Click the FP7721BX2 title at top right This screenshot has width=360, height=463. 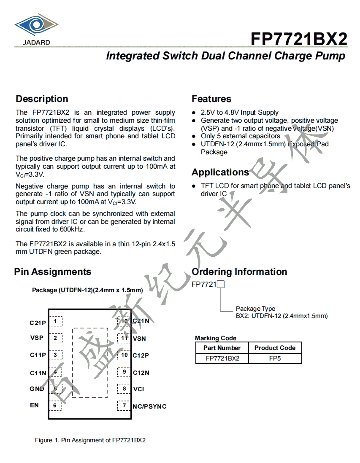[x=299, y=39]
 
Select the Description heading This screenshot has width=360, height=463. [x=42, y=99]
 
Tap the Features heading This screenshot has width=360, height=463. [x=211, y=99]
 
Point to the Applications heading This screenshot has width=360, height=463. [x=220, y=172]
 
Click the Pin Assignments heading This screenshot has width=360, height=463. [x=53, y=272]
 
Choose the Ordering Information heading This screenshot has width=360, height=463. [x=239, y=272]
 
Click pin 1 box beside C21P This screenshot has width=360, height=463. [x=55, y=322]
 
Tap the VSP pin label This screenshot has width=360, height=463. [x=37, y=338]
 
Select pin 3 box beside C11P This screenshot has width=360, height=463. [x=55, y=355]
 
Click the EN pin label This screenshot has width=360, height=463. [x=34, y=406]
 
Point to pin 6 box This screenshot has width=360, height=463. [x=55, y=406]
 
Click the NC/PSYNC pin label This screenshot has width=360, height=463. [x=149, y=406]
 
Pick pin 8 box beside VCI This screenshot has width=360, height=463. [x=124, y=389]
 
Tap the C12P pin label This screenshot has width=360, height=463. [x=141, y=355]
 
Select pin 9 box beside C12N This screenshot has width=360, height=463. [x=124, y=372]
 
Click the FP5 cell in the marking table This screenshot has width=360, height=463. [x=275, y=358]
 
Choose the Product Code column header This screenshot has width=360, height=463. [x=275, y=348]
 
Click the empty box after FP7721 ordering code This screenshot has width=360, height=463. [x=220, y=285]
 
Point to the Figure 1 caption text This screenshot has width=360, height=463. [x=90, y=440]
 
